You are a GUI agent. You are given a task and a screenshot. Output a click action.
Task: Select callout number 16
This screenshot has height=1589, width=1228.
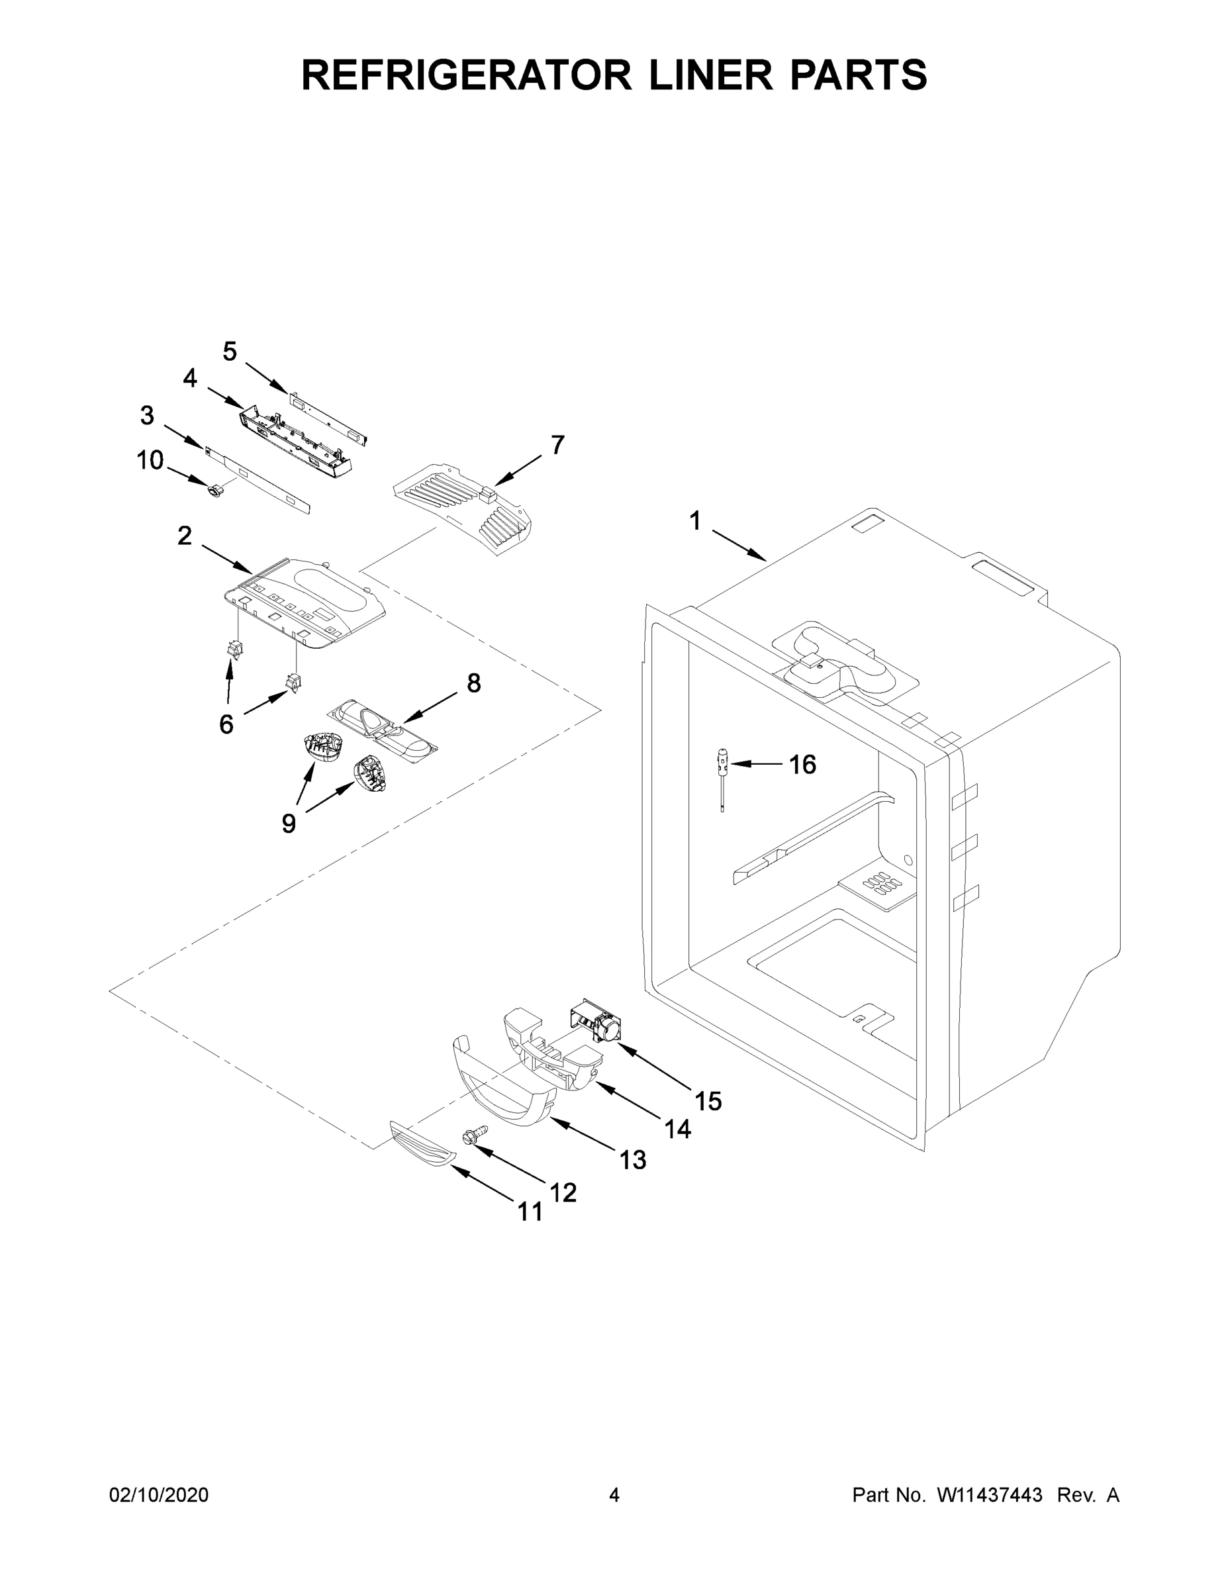(x=802, y=764)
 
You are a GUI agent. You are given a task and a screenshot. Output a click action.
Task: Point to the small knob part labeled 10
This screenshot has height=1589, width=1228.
(x=215, y=493)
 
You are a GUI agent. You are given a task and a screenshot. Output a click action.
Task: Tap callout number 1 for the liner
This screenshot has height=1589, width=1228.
(x=694, y=521)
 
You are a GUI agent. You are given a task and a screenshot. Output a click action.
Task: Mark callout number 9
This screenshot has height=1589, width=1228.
(x=289, y=824)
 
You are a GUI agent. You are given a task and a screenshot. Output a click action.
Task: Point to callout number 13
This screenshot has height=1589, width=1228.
(x=633, y=1159)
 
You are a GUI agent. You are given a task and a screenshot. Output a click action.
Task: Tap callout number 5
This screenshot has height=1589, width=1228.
(x=229, y=352)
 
